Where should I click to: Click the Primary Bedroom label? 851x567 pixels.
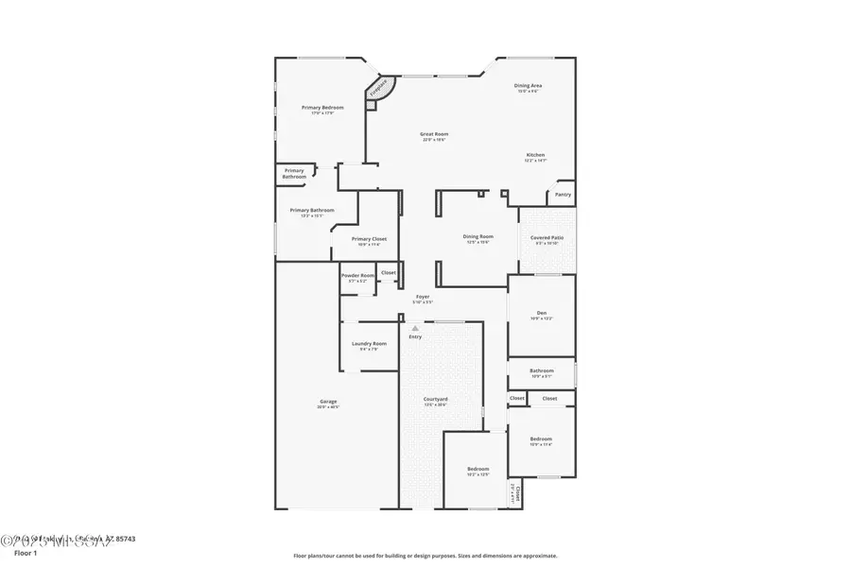click(322, 108)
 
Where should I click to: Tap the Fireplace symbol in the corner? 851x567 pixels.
click(379, 89)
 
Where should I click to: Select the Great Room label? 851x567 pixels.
click(434, 134)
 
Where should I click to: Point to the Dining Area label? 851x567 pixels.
click(528, 86)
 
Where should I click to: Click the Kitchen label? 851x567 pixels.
click(535, 155)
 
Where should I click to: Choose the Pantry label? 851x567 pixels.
click(563, 195)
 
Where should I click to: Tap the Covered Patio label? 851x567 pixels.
click(547, 238)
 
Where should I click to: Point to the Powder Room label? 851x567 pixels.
click(357, 276)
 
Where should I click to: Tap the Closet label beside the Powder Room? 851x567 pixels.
click(389, 272)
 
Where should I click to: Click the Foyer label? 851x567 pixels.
click(423, 297)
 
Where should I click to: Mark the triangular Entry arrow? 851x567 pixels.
click(414, 328)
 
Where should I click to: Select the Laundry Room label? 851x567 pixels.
click(369, 344)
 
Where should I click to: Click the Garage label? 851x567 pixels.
click(328, 403)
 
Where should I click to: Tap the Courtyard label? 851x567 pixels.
click(435, 400)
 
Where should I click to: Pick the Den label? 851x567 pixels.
click(542, 314)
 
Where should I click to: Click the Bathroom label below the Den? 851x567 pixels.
click(542, 371)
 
